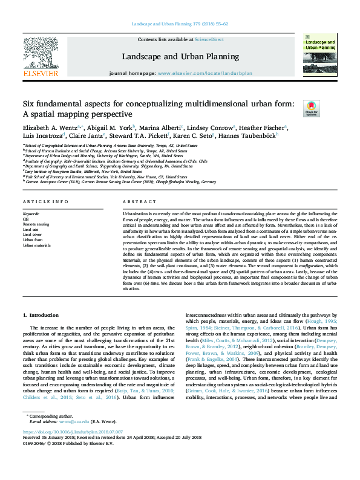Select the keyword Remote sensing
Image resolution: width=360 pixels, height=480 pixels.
(36, 224)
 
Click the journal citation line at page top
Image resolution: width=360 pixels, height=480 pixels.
(180, 24)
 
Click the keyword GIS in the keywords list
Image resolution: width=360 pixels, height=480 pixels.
(26, 219)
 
